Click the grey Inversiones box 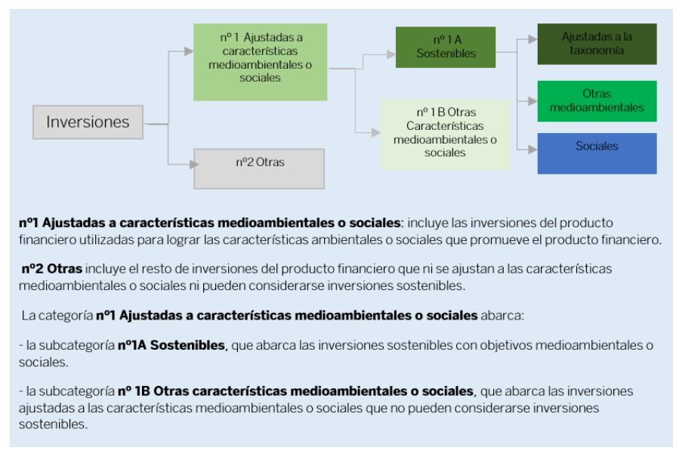pos(88,122)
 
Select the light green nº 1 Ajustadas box pos(260,62)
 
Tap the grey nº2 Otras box pos(259,168)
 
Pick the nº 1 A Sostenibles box pos(446,47)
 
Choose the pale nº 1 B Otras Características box pos(445,134)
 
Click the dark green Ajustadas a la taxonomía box pos(597,44)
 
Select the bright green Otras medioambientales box pos(597,101)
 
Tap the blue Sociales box pos(597,153)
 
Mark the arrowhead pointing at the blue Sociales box pos(532,148)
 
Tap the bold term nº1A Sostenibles pos(171,345)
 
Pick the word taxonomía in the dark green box pos(597,51)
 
